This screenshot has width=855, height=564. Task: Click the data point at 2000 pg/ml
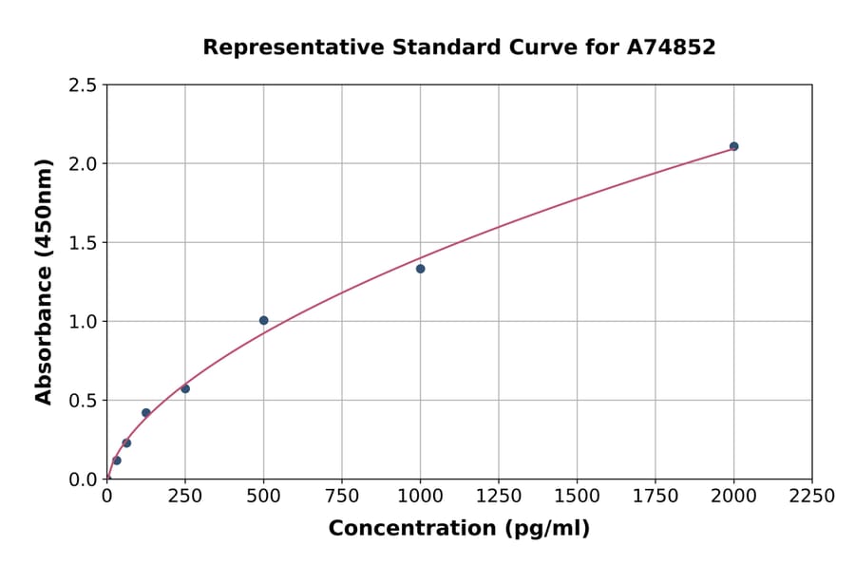(x=733, y=146)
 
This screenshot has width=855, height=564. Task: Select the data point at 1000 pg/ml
(x=420, y=269)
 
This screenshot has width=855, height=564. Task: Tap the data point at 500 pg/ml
(x=263, y=321)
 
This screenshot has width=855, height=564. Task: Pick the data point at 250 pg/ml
(x=185, y=388)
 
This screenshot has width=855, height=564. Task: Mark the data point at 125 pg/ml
(x=145, y=413)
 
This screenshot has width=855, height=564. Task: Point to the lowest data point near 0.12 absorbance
(x=117, y=461)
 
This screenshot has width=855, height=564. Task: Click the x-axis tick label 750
(x=342, y=497)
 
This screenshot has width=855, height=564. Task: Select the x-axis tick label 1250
(x=499, y=497)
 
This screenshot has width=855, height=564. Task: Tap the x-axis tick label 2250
(x=812, y=497)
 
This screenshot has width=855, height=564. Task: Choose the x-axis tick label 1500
(x=577, y=497)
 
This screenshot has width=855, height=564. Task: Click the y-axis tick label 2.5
(x=83, y=85)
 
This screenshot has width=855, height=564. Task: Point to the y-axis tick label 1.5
(x=83, y=243)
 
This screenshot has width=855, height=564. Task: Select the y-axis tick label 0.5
(x=83, y=401)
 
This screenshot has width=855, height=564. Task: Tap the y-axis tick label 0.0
(x=83, y=479)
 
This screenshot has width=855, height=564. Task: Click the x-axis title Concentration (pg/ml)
(x=459, y=529)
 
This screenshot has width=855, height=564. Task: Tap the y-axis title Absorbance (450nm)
(x=44, y=282)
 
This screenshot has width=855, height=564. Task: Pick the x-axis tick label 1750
(x=655, y=497)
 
